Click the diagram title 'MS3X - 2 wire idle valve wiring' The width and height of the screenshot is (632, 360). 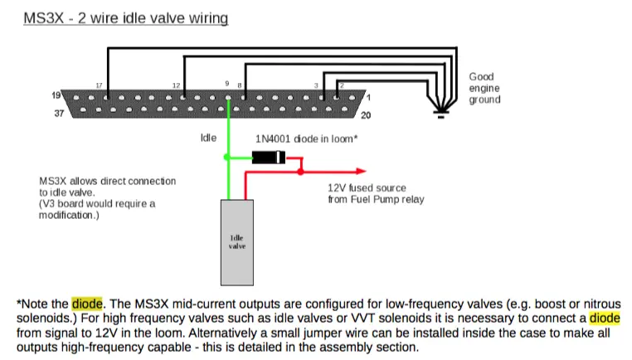pyautogui.click(x=126, y=18)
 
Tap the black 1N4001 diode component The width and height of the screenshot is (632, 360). pyautogui.click(x=269, y=157)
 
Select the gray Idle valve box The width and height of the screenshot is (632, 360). pyautogui.click(x=237, y=243)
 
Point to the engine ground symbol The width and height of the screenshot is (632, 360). pyautogui.click(x=441, y=114)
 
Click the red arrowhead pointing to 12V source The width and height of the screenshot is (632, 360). pyautogui.click(x=361, y=172)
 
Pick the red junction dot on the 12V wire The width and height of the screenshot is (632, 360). pyautogui.click(x=301, y=172)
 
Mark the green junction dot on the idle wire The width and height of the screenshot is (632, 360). pyautogui.click(x=227, y=158)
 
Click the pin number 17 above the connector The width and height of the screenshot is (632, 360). pyautogui.click(x=100, y=85)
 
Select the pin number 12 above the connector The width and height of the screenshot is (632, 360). pyautogui.click(x=176, y=85)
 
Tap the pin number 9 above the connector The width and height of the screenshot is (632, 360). pyautogui.click(x=227, y=84)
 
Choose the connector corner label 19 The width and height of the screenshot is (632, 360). pyautogui.click(x=56, y=95)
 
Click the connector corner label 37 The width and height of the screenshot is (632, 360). pyautogui.click(x=59, y=114)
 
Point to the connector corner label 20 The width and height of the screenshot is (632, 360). pyautogui.click(x=366, y=115)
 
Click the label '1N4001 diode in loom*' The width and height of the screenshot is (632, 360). pyautogui.click(x=306, y=139)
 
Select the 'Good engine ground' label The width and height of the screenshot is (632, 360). pyautogui.click(x=484, y=88)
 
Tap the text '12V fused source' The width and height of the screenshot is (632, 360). pyautogui.click(x=367, y=187)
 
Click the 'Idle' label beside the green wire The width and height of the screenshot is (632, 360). pyautogui.click(x=208, y=138)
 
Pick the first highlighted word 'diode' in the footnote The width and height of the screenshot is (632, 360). pyautogui.click(x=87, y=303)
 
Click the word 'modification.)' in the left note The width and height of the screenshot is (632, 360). pyautogui.click(x=69, y=216)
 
